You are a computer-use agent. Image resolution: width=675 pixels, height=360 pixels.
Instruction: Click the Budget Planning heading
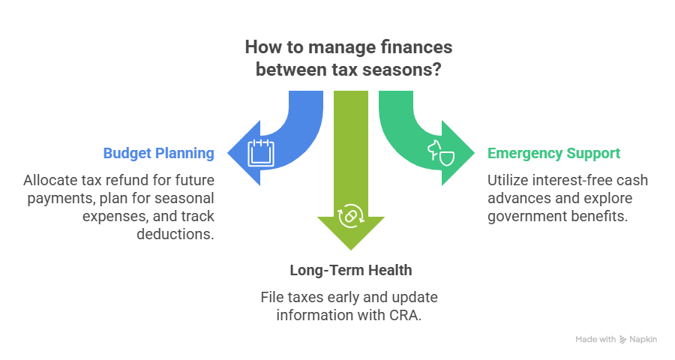pyautogui.click(x=158, y=153)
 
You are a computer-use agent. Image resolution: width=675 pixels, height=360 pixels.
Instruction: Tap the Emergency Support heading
pyautogui.click(x=553, y=153)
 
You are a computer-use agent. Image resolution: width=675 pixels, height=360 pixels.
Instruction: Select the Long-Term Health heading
pyautogui.click(x=351, y=271)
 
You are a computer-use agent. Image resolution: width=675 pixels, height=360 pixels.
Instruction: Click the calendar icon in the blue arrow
pyautogui.click(x=261, y=152)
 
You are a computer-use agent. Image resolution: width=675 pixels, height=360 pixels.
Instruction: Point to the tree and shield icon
pyautogui.click(x=441, y=153)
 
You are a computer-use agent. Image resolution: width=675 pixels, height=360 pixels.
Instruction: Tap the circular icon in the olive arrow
pyautogui.click(x=351, y=216)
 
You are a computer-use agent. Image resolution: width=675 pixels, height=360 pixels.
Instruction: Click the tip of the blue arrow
pyautogui.click(x=228, y=153)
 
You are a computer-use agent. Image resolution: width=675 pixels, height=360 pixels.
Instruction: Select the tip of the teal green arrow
pyautogui.click(x=474, y=153)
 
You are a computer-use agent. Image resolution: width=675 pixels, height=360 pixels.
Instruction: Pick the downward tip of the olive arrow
pyautogui.click(x=351, y=250)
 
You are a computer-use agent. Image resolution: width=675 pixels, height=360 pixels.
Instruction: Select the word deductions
pyautogui.click(x=175, y=234)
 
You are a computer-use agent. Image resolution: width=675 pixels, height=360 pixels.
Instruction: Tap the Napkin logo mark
pyautogui.click(x=622, y=339)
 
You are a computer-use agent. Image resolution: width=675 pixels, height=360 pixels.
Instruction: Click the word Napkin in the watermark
pyautogui.click(x=643, y=339)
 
